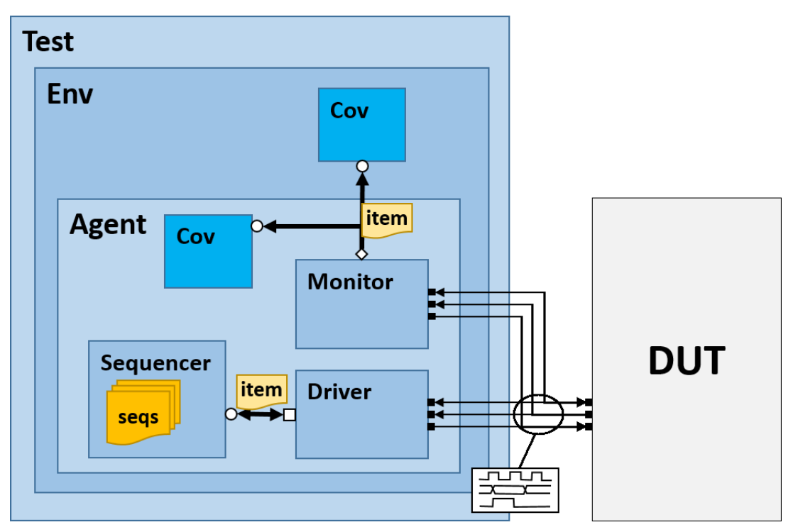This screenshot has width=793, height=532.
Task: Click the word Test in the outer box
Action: point(48,42)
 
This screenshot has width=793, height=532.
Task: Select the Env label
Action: point(70,94)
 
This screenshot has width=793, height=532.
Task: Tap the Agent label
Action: point(108,225)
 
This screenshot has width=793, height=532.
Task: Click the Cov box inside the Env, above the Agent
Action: point(361,125)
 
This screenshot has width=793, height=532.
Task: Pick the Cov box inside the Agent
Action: point(208,251)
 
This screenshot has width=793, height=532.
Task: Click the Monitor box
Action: point(361,304)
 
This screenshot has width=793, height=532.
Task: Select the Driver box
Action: point(361,414)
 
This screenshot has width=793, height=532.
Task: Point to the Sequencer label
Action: point(155,363)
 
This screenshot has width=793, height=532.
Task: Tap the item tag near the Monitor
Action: point(387,220)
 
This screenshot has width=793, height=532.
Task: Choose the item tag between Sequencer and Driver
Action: point(261,389)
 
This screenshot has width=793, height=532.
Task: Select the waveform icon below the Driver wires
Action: point(516,489)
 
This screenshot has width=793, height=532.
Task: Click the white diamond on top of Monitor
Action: point(361,253)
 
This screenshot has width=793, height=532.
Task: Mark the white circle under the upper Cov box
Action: point(362,166)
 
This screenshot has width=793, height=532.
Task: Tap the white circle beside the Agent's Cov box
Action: point(257,226)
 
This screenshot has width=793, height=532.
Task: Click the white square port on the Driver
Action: point(289,414)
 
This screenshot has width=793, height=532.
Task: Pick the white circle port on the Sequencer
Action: point(231,414)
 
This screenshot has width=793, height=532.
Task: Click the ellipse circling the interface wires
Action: point(539,413)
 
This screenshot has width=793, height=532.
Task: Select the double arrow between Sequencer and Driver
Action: point(260,414)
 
